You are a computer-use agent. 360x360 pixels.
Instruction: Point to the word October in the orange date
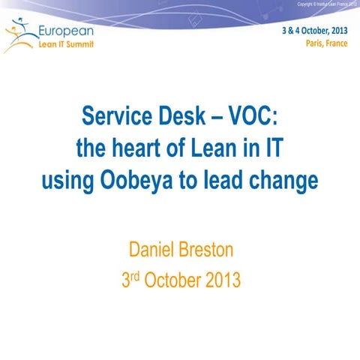click(173, 280)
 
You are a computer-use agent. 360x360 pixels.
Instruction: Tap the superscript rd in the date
click(135, 274)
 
